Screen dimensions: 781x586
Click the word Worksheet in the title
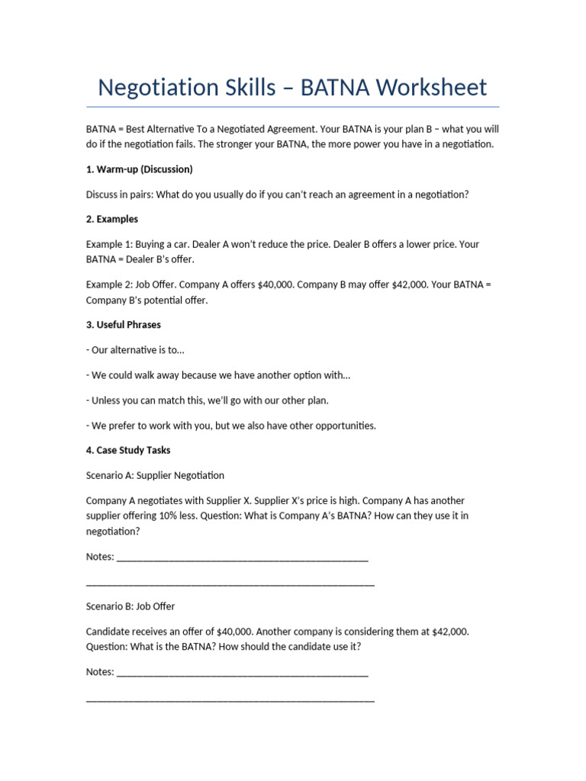pyautogui.click(x=431, y=88)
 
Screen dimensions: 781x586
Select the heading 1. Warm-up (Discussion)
pyautogui.click(x=139, y=169)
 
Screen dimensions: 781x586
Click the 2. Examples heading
pyautogui.click(x=112, y=219)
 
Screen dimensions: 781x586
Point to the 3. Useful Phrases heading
pyautogui.click(x=124, y=324)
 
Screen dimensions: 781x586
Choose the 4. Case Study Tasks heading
pyautogui.click(x=128, y=450)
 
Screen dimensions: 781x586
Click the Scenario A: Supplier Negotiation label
pyautogui.click(x=155, y=475)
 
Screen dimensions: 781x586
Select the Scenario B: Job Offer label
pyautogui.click(x=130, y=606)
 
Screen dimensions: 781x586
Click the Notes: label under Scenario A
pyautogui.click(x=100, y=557)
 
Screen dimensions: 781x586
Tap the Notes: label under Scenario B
pyautogui.click(x=100, y=672)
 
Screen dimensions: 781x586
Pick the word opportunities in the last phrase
pyautogui.click(x=340, y=425)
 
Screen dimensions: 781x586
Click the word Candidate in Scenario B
pyautogui.click(x=108, y=632)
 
